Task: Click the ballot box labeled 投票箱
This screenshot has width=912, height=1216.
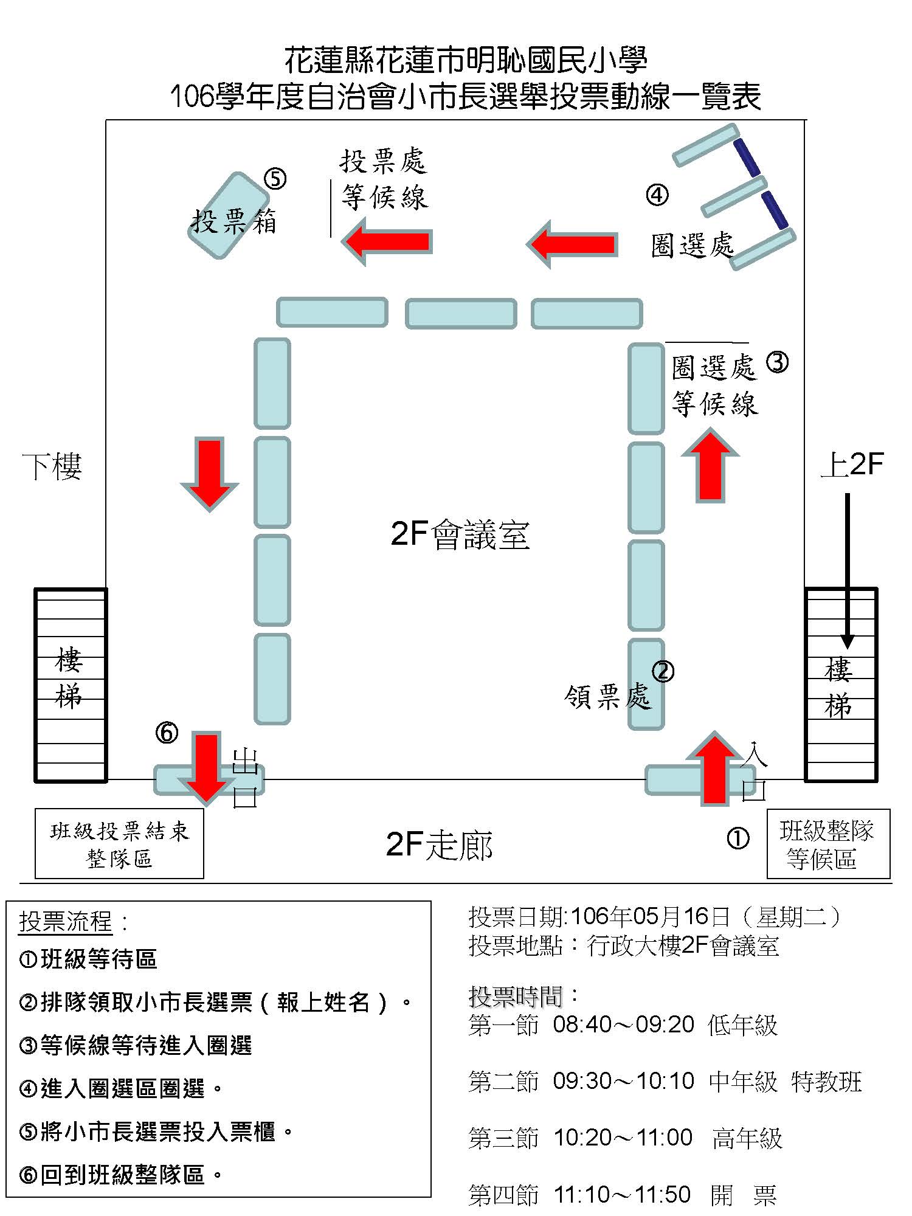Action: [x=229, y=216]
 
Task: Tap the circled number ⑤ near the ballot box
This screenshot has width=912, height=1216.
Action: [x=275, y=179]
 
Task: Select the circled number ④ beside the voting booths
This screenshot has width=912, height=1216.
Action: [x=657, y=195]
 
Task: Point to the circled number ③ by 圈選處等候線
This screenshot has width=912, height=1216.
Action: [x=777, y=362]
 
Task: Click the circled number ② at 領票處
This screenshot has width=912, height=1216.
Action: [x=663, y=671]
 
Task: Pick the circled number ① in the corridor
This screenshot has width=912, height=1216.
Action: [x=738, y=838]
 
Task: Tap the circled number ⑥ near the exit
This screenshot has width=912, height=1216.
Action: [x=167, y=732]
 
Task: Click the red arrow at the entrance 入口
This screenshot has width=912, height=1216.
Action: [x=714, y=769]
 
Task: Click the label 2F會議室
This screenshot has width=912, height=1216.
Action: [x=460, y=534]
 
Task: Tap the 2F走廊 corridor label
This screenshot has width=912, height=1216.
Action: [x=440, y=845]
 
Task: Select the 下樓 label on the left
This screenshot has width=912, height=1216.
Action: [x=52, y=466]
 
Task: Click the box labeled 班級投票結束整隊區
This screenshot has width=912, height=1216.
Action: [x=119, y=843]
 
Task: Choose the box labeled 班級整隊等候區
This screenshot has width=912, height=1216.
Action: [x=829, y=844]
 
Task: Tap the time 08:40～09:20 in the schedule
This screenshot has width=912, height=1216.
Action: [x=623, y=1024]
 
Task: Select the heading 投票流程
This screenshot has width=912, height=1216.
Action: [x=66, y=922]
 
